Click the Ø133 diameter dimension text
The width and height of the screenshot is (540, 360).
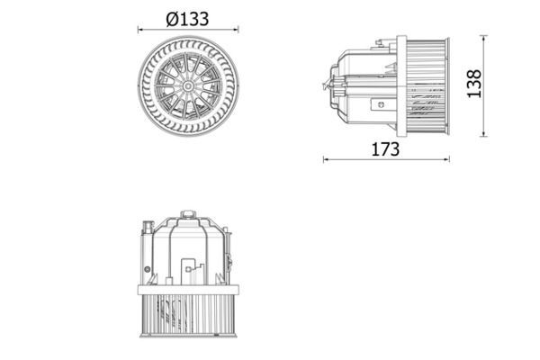(187, 19)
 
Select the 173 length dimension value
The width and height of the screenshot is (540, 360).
(385, 149)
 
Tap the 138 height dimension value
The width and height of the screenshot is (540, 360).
(474, 84)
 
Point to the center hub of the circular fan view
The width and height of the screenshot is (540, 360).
(188, 86)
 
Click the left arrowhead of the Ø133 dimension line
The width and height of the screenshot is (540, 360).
(140, 30)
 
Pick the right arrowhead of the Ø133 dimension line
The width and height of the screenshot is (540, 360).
(236, 30)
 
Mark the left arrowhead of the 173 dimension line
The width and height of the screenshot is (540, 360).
(326, 159)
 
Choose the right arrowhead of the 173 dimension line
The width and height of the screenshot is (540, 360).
(446, 159)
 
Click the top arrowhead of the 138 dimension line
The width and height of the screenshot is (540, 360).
(484, 38)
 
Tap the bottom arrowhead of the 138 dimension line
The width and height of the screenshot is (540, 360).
(484, 134)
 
